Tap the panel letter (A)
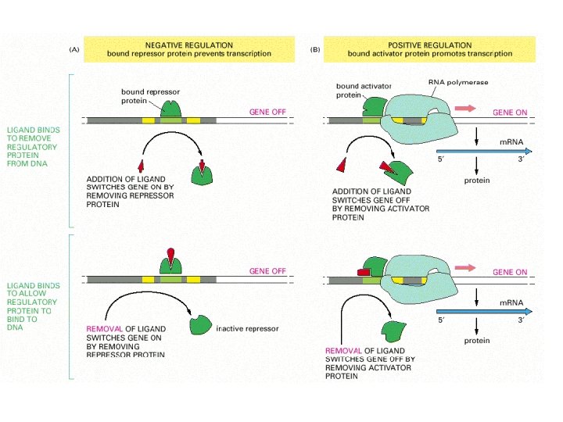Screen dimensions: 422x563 (x=74, y=49)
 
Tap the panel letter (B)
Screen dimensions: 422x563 (x=315, y=49)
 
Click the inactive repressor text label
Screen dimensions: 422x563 (x=247, y=328)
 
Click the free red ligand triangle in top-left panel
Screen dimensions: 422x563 (x=142, y=166)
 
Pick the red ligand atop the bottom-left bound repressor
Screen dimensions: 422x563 (x=171, y=255)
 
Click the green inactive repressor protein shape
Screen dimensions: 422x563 (x=202, y=323)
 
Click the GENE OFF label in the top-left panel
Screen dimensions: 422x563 (x=267, y=112)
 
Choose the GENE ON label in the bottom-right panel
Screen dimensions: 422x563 (x=510, y=272)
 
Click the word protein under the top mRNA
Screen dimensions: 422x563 (x=476, y=181)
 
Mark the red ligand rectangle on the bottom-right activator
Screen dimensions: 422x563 (x=364, y=271)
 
